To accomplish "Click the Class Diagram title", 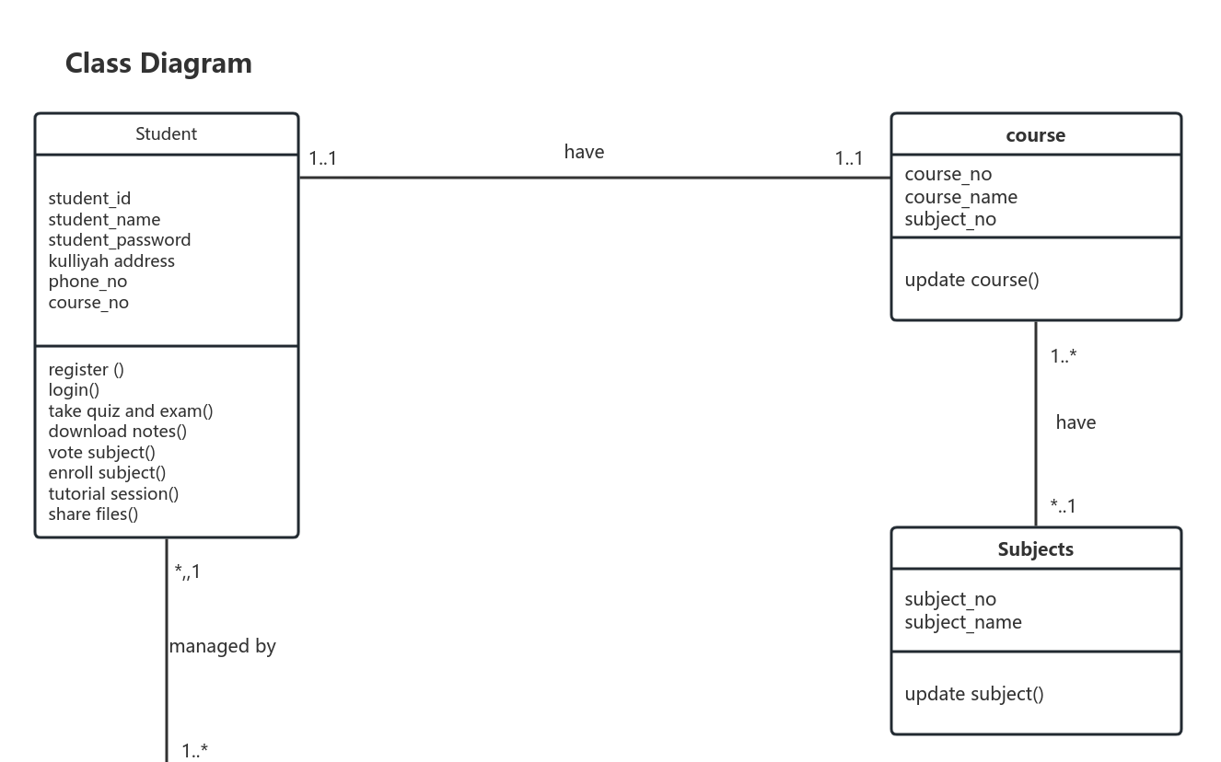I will (158, 63).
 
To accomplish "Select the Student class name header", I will (166, 134).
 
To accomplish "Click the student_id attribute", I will (89, 199).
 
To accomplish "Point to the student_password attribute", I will (120, 240).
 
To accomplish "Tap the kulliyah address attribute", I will (111, 261).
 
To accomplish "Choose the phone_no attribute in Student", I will (87, 282).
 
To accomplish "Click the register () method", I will (86, 370).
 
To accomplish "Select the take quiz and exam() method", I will (131, 411).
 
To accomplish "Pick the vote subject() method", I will (101, 453).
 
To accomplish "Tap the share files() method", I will (93, 514).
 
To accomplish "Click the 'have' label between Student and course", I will (584, 152).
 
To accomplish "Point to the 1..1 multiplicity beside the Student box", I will (322, 158).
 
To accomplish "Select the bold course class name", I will (1035, 135).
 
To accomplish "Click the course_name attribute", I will (960, 197).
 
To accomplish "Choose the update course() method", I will (971, 280).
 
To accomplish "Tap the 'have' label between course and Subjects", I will (1076, 422).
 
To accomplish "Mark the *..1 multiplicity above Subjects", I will (1063, 506).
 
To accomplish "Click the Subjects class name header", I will (1035, 549).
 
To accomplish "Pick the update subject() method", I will (974, 694).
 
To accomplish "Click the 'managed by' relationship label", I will (222, 647).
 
